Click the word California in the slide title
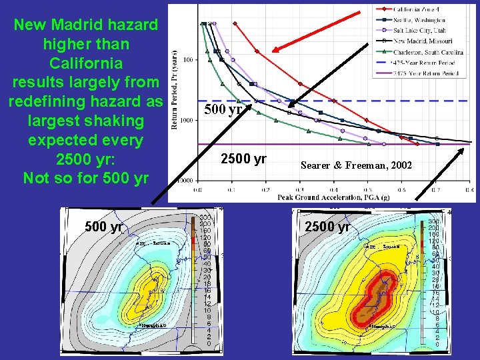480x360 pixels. pos(86,63)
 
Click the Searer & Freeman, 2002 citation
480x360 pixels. pos(356,165)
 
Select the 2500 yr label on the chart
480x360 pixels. pos(244,159)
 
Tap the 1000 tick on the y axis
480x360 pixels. pos(188,121)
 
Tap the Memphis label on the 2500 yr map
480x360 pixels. pos(383,327)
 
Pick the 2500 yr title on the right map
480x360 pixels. pos(327,226)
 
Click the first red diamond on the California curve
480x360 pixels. pos(235,23)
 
